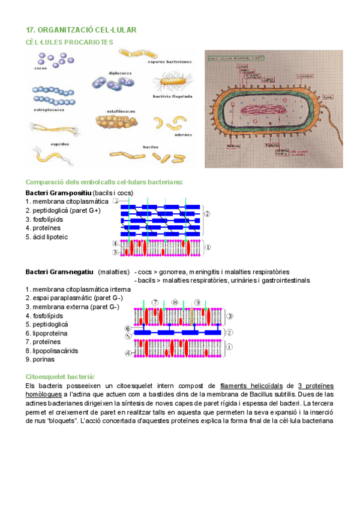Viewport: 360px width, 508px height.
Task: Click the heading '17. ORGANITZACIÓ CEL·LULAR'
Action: point(81,29)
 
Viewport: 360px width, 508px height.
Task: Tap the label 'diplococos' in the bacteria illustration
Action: point(120,73)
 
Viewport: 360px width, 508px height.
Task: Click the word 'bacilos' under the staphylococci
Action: point(133,146)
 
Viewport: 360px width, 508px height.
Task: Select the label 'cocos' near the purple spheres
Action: point(40,68)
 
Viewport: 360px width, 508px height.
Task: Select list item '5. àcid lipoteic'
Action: point(47,237)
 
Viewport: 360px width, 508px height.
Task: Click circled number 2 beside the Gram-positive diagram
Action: point(207,214)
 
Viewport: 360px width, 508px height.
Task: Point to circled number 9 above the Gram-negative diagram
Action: point(197,303)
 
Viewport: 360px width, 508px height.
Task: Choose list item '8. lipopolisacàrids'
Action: point(52,350)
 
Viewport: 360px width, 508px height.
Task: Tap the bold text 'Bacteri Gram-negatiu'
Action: point(59,272)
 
